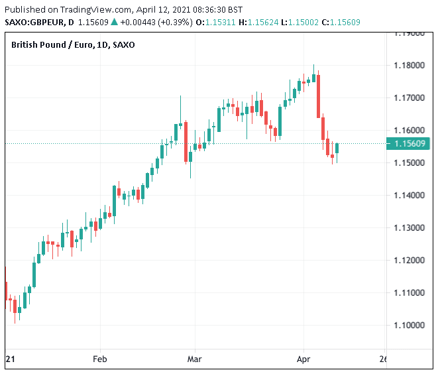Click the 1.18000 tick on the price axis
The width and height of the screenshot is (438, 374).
[409, 65]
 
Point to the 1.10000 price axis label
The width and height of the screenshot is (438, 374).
[409, 325]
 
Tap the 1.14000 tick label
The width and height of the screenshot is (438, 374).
[409, 195]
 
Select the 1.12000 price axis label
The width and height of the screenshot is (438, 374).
[409, 260]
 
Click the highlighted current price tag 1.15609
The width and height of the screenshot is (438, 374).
[409, 143]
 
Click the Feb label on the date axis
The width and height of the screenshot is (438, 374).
[99, 359]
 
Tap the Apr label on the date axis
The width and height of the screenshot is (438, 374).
[303, 359]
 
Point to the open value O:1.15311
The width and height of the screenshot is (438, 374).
[216, 22]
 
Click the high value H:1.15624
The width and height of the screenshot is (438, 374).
[263, 22]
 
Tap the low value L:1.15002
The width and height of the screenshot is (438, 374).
[308, 22]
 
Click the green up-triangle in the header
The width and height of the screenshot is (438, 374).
[114, 22]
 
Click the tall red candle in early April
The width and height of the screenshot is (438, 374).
[319, 95]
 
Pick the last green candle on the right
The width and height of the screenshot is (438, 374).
[337, 149]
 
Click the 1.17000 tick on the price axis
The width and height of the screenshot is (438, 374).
[409, 97]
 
